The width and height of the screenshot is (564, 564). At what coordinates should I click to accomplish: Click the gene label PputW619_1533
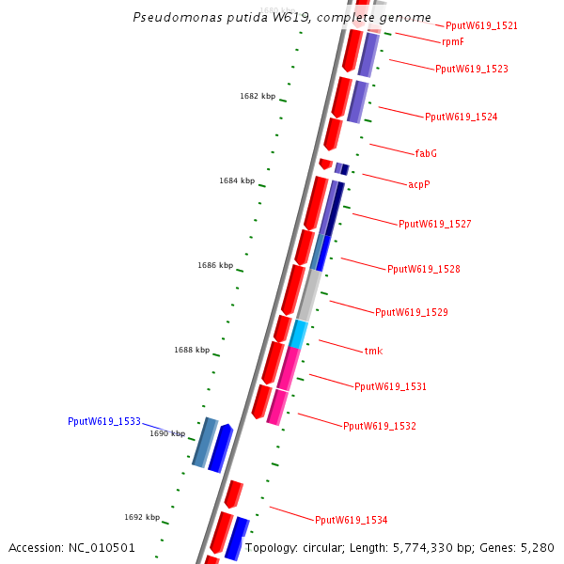(x=103, y=422)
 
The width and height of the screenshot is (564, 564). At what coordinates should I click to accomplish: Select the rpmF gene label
(x=452, y=41)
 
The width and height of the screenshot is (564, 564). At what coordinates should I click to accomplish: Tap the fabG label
(x=426, y=153)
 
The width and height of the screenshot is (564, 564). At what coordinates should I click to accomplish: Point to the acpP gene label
(x=419, y=184)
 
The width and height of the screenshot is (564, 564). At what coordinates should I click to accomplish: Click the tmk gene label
(x=373, y=351)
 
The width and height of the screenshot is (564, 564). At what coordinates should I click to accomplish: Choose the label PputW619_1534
(x=351, y=520)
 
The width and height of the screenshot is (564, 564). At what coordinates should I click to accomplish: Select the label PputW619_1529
(x=411, y=312)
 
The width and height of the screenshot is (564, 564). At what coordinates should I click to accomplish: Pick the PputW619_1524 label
(x=461, y=117)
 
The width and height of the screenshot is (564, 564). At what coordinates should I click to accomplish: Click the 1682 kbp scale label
(x=258, y=96)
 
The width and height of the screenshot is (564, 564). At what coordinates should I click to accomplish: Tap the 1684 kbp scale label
(x=237, y=180)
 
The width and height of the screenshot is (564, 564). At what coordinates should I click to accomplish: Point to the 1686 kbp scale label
(x=215, y=265)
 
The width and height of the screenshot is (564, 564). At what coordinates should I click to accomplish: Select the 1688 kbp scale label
(x=192, y=350)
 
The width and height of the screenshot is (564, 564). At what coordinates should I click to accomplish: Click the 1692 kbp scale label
(x=142, y=517)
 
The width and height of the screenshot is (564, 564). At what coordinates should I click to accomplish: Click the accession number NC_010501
(x=102, y=547)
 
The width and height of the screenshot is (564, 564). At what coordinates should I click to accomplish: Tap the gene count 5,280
(x=536, y=547)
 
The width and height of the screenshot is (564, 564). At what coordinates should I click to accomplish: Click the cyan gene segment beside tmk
(x=298, y=334)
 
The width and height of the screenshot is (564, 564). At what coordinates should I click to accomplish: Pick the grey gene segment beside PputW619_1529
(x=308, y=295)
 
